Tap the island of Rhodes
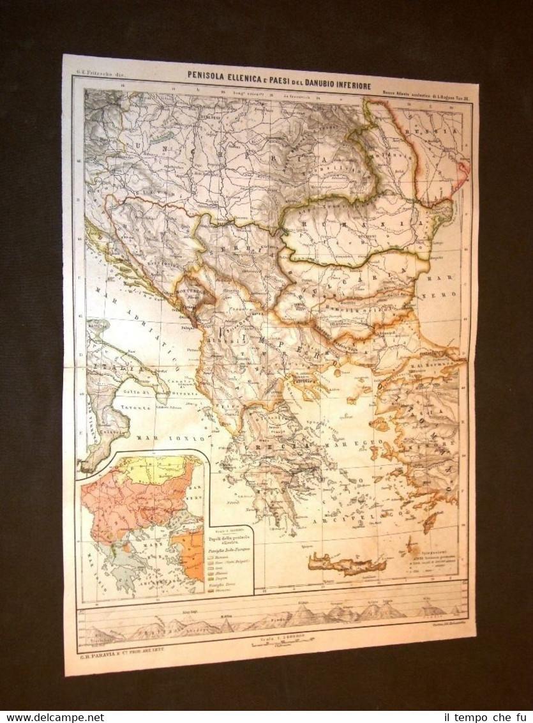coord(430,522)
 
